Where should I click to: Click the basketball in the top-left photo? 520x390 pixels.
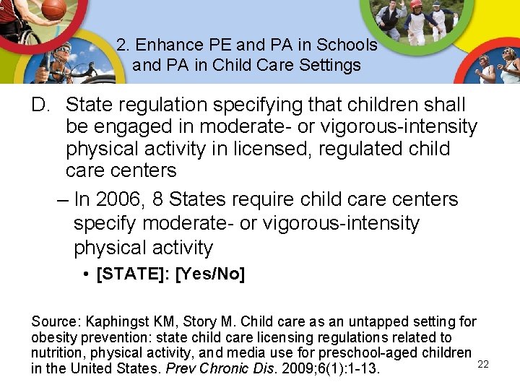53,9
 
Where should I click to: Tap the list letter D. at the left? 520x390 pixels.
40,105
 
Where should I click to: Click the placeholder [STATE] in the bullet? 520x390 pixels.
132,275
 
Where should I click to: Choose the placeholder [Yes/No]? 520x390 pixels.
210,275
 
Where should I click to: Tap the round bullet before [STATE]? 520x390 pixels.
85,275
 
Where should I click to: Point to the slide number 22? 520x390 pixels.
483,365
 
